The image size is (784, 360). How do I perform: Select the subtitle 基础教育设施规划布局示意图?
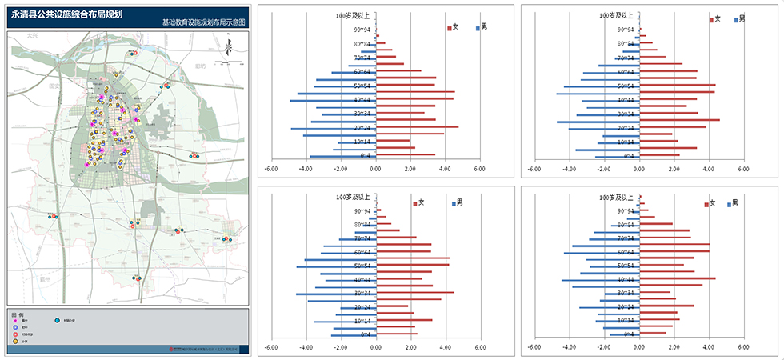(x=203, y=23)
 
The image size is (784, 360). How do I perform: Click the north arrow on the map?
(x=226, y=48)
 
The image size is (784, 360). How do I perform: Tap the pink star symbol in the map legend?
(x=16, y=320)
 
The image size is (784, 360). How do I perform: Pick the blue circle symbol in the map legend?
(x=16, y=327)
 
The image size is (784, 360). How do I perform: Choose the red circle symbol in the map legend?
(x=16, y=334)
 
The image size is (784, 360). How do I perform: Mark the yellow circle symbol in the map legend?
(x=16, y=341)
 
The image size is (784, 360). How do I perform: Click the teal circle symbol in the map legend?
(x=57, y=320)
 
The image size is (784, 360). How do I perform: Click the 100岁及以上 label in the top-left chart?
(x=353, y=15)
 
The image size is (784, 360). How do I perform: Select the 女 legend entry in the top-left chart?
(x=453, y=27)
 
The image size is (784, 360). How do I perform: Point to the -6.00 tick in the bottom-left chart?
(x=270, y=348)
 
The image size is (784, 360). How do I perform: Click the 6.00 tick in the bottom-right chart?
(x=743, y=348)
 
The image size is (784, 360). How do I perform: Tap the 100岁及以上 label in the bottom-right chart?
(x=616, y=196)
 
